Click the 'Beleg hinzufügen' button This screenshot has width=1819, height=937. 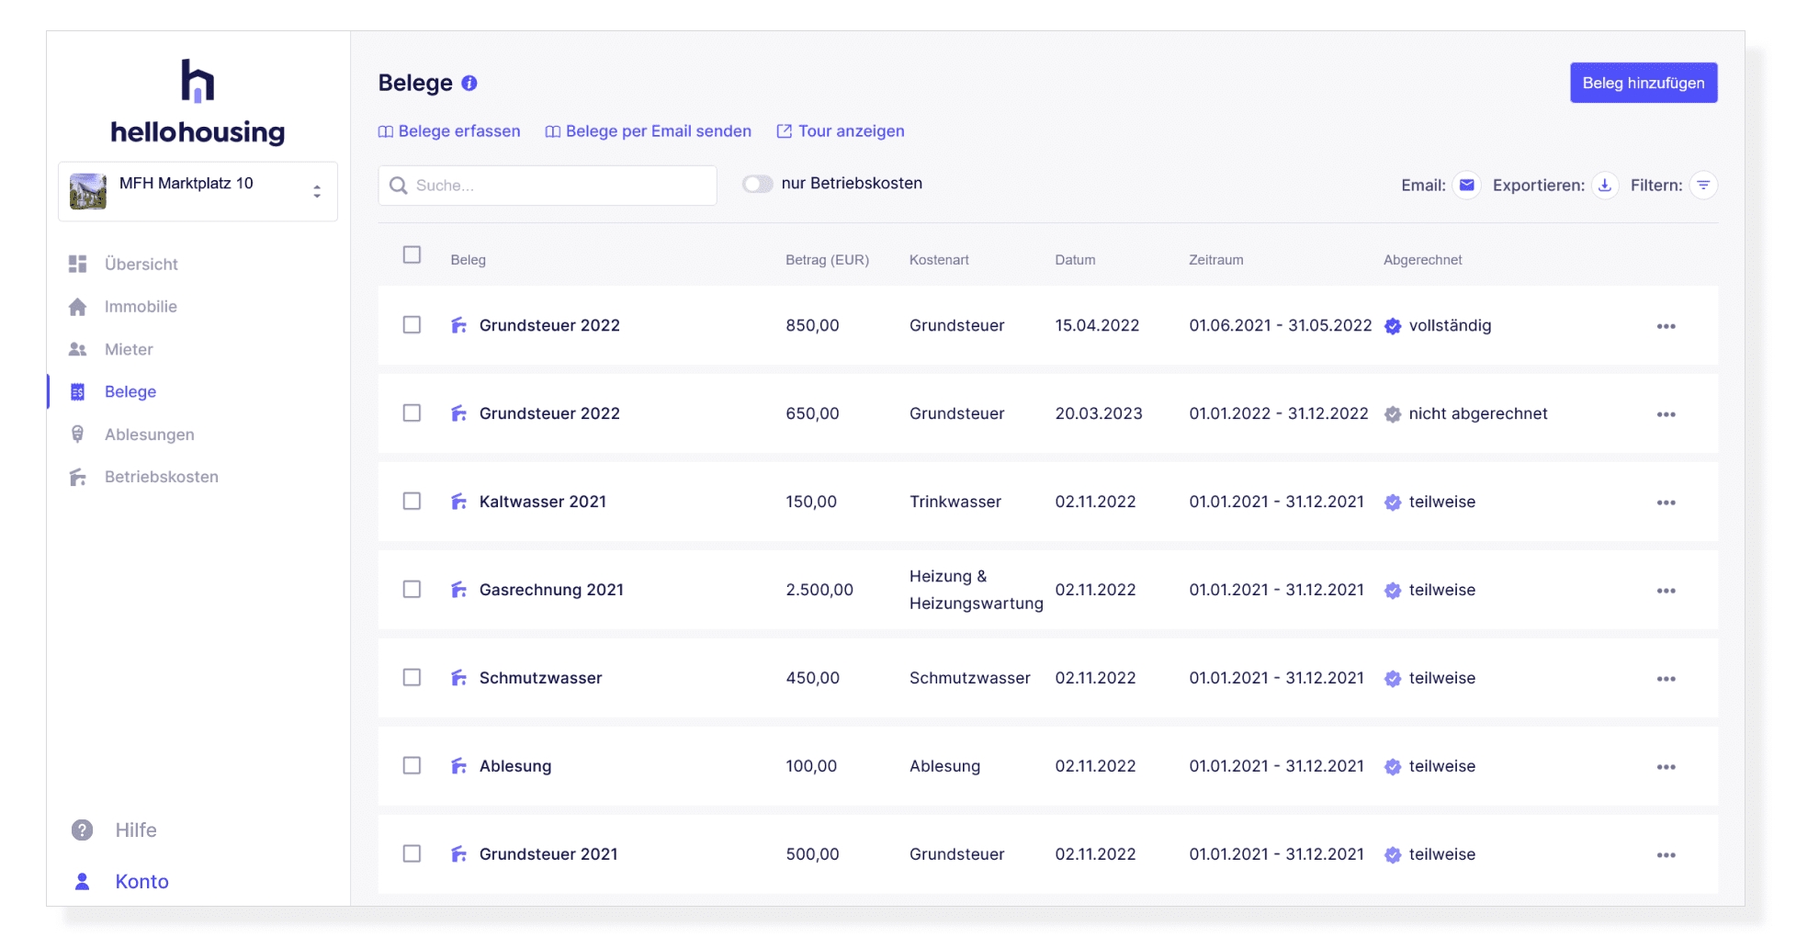pos(1643,83)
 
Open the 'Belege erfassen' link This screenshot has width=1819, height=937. pos(449,131)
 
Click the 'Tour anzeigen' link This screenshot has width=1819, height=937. pos(841,131)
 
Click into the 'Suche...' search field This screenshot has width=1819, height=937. pos(548,186)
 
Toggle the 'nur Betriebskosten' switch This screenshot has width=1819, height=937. pos(758,184)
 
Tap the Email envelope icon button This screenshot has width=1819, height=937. pos(1467,186)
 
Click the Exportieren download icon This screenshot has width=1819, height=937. pos(1605,186)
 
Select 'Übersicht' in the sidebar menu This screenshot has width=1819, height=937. pos(141,265)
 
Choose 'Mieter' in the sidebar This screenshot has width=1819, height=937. pos(129,350)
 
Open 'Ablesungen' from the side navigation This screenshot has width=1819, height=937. pos(149,435)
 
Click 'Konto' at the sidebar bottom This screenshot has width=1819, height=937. pos(141,882)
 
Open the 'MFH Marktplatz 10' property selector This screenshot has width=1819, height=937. pos(198,191)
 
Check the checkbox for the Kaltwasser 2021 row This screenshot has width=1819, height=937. pos(412,502)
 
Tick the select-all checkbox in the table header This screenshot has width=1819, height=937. pos(412,255)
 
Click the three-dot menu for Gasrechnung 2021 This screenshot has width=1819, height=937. pos(1666,591)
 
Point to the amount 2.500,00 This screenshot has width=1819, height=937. pos(819,590)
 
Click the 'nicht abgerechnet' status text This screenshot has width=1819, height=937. pos(1477,414)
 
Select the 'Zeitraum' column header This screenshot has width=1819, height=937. pos(1215,260)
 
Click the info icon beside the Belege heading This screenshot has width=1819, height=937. pos(469,84)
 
